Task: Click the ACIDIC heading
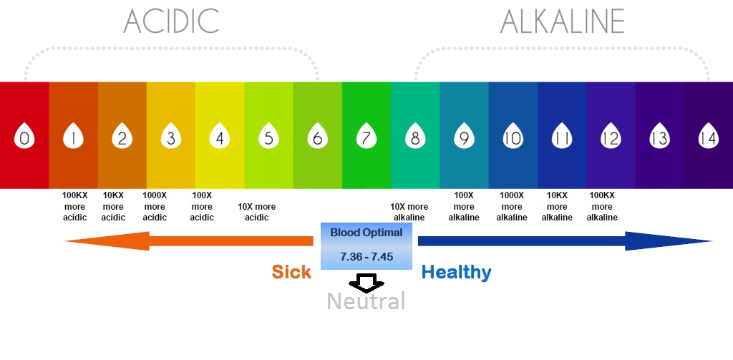pyautogui.click(x=171, y=21)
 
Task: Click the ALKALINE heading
pyautogui.click(x=563, y=21)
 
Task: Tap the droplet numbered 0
pyautogui.click(x=24, y=137)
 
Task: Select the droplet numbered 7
pyautogui.click(x=366, y=137)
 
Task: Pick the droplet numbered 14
pyautogui.click(x=708, y=137)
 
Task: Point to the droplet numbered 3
pyautogui.click(x=171, y=137)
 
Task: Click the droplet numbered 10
pyautogui.click(x=513, y=137)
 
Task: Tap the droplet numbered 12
pyautogui.click(x=610, y=137)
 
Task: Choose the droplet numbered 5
pyautogui.click(x=268, y=137)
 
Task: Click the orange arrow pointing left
pyautogui.click(x=190, y=242)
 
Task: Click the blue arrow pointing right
pyautogui.click(x=565, y=241)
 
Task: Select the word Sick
pyautogui.click(x=291, y=272)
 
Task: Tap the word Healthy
pyautogui.click(x=456, y=272)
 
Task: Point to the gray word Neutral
pyautogui.click(x=366, y=301)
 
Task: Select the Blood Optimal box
pyautogui.click(x=366, y=245)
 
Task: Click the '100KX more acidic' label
pyautogui.click(x=74, y=206)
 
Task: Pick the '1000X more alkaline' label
pyautogui.click(x=512, y=206)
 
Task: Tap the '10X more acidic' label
pyautogui.click(x=256, y=212)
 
